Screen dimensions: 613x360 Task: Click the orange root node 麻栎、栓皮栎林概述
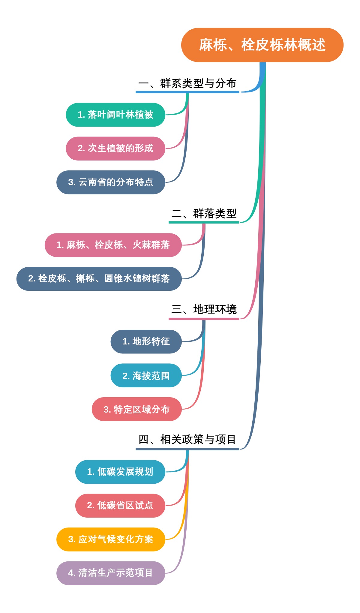click(x=262, y=45)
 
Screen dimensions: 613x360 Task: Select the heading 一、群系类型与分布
click(x=187, y=83)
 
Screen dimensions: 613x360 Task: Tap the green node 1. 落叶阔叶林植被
click(x=115, y=115)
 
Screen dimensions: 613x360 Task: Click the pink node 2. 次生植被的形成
click(x=115, y=148)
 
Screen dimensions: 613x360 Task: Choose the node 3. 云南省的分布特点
click(x=111, y=182)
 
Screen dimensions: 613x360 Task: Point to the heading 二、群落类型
click(x=204, y=214)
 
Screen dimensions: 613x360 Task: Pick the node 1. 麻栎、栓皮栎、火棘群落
click(x=113, y=245)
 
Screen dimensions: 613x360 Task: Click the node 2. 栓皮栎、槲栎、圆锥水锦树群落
click(x=99, y=279)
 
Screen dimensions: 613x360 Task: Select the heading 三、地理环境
click(x=204, y=309)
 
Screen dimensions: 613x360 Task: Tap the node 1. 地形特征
click(x=146, y=341)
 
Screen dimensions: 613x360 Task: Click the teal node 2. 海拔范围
click(x=146, y=375)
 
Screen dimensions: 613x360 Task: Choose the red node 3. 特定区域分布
click(x=136, y=409)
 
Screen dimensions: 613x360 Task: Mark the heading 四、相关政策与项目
click(x=187, y=440)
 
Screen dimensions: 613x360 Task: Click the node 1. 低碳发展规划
click(x=120, y=472)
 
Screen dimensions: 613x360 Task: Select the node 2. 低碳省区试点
click(x=120, y=506)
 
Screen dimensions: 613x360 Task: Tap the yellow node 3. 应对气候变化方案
click(x=111, y=539)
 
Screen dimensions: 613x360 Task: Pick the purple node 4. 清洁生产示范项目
click(x=111, y=573)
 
